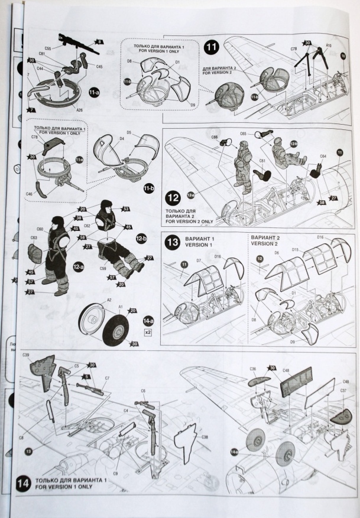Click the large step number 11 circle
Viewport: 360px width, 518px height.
211,46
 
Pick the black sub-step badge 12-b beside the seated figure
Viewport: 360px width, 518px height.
141,239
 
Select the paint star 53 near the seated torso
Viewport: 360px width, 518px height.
125,209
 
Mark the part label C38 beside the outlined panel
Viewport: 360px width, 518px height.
205,438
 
